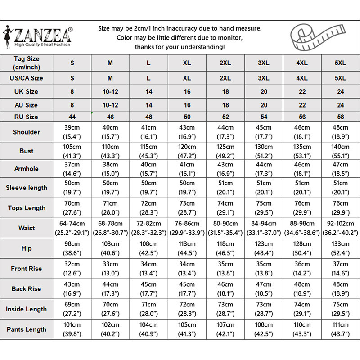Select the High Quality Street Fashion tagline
tap(42, 45)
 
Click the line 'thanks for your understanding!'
tap(180, 47)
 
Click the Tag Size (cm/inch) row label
tap(27, 63)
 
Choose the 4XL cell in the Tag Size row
tap(302, 63)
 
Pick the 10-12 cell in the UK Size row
tap(110, 91)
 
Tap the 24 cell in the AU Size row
tap(341, 105)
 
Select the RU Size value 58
tap(341, 117)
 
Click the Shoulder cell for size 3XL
tap(264, 132)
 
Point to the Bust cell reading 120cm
tap(187, 151)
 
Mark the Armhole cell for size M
tap(110, 169)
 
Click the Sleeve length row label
tap(27, 188)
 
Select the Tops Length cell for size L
tap(149, 207)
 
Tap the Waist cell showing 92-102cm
tap(341, 228)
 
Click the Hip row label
tap(27, 248)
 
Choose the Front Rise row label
tap(27, 269)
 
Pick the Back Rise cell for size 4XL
tap(302, 289)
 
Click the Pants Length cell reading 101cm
tap(72, 329)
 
